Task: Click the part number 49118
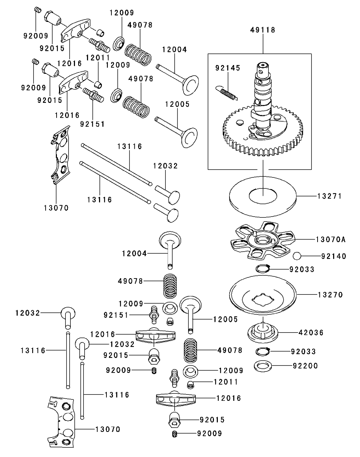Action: click(x=262, y=30)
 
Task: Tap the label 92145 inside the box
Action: click(x=228, y=68)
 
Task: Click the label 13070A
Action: click(x=331, y=240)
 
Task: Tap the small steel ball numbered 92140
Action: click(x=298, y=256)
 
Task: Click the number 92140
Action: click(x=334, y=256)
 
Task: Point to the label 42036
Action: click(x=311, y=333)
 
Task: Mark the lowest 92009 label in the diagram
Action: click(x=210, y=433)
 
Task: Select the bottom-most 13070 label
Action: click(x=108, y=429)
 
